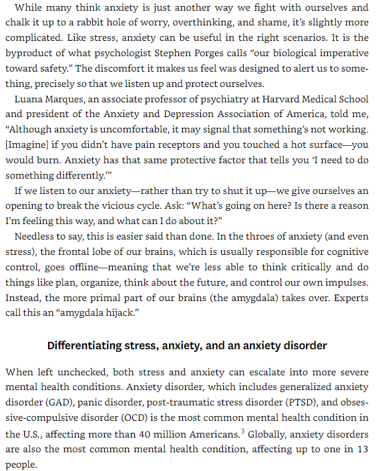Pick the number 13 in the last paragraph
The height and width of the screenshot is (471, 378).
tap(361, 450)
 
